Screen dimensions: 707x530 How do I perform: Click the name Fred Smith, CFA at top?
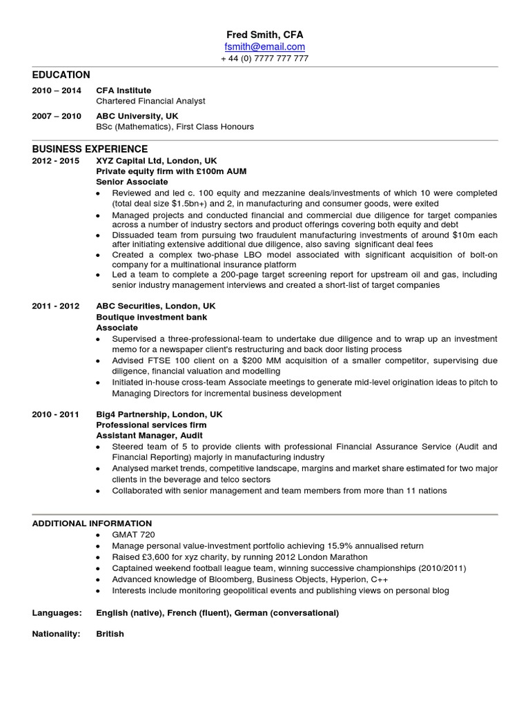pyautogui.click(x=265, y=35)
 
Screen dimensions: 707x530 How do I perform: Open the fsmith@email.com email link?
pyautogui.click(x=265, y=46)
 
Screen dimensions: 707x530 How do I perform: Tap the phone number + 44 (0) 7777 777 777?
pyautogui.click(x=265, y=59)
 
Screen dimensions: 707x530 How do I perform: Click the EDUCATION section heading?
pyautogui.click(x=61, y=75)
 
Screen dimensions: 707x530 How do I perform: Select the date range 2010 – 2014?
pyautogui.click(x=57, y=90)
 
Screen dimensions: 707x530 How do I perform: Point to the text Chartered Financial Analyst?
pyautogui.click(x=150, y=101)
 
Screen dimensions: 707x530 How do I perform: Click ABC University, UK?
pyautogui.click(x=137, y=116)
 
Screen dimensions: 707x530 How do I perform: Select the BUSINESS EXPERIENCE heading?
pyautogui.click(x=90, y=148)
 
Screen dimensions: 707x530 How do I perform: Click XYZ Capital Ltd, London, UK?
pyautogui.click(x=157, y=159)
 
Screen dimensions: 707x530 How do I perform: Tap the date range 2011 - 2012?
pyautogui.click(x=56, y=306)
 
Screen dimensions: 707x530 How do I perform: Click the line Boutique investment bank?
pyautogui.click(x=151, y=317)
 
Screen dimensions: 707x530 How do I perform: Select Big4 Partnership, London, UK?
pyautogui.click(x=159, y=414)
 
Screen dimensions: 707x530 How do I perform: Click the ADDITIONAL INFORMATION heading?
pyautogui.click(x=92, y=523)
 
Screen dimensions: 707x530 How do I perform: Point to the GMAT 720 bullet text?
pyautogui.click(x=133, y=534)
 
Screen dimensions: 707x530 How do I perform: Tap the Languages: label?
pyautogui.click(x=57, y=612)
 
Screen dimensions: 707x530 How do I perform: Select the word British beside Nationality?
pyautogui.click(x=110, y=633)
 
